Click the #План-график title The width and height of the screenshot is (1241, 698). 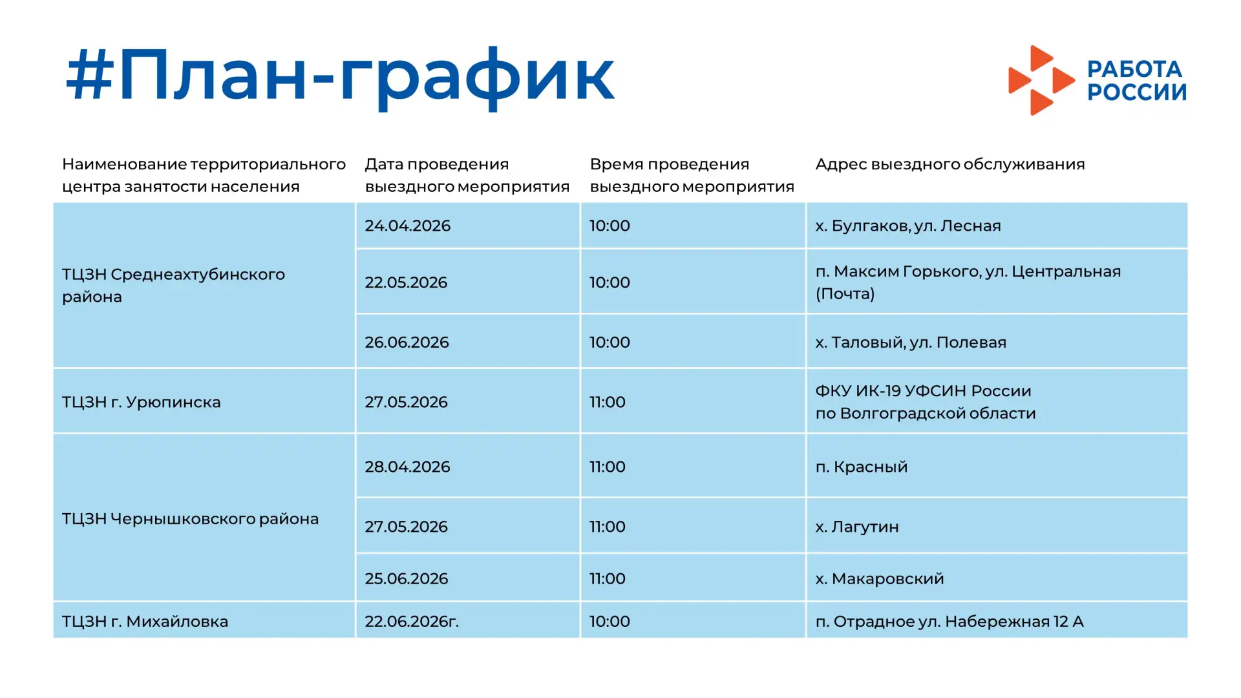pyautogui.click(x=340, y=78)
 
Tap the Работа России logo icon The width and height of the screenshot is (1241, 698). pyautogui.click(x=1041, y=80)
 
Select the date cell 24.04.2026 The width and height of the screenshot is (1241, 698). pyautogui.click(x=407, y=226)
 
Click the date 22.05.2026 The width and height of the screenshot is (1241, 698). pyautogui.click(x=406, y=282)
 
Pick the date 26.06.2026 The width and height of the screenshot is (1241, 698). pyautogui.click(x=407, y=342)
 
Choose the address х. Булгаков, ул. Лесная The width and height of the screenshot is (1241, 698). pyautogui.click(x=908, y=226)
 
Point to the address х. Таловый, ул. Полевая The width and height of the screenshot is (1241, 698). pyautogui.click(x=911, y=342)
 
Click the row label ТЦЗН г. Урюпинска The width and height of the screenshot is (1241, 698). pyautogui.click(x=142, y=402)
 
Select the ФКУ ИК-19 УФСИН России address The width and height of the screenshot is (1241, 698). pyautogui.click(x=926, y=402)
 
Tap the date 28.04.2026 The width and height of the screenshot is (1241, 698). pyautogui.click(x=407, y=467)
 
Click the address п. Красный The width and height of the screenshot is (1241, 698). pyautogui.click(x=862, y=467)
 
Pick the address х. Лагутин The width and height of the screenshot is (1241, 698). pyautogui.click(x=857, y=527)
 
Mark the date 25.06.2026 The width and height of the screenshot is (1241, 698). pyautogui.click(x=407, y=578)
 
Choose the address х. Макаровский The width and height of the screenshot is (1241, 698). pyautogui.click(x=880, y=578)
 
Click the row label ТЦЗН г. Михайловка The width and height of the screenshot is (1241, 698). pyautogui.click(x=145, y=621)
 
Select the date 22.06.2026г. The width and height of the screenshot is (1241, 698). pyautogui.click(x=412, y=621)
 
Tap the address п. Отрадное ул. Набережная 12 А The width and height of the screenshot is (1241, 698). pyautogui.click(x=949, y=621)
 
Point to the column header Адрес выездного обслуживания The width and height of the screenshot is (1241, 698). pyautogui.click(x=950, y=164)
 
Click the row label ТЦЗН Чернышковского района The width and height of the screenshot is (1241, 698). pyautogui.click(x=191, y=519)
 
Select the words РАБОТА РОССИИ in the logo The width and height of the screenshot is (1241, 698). pyautogui.click(x=1137, y=81)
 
